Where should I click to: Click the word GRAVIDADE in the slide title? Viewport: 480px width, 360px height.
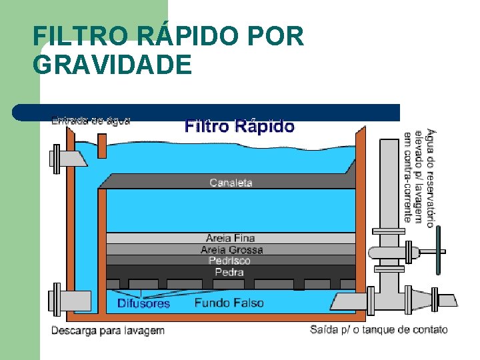coord(111,65)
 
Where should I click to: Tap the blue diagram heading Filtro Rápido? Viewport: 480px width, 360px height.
coord(239,126)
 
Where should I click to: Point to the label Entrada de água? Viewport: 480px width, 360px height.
coord(91,121)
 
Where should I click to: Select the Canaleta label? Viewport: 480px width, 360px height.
coord(231,182)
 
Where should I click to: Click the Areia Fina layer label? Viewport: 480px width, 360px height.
coord(231,238)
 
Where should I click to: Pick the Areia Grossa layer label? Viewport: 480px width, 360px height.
coord(231,249)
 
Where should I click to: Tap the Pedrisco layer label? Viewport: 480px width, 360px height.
coord(229,261)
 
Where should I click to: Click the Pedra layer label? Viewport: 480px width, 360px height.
coord(229,272)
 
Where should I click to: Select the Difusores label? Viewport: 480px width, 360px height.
coord(143,303)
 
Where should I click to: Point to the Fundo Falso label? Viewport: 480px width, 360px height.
coord(229,303)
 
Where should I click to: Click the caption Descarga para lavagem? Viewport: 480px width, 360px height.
coord(107,330)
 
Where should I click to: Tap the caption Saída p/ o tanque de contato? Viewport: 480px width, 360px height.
coord(379,329)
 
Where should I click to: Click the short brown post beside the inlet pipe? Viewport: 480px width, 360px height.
coord(102,147)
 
